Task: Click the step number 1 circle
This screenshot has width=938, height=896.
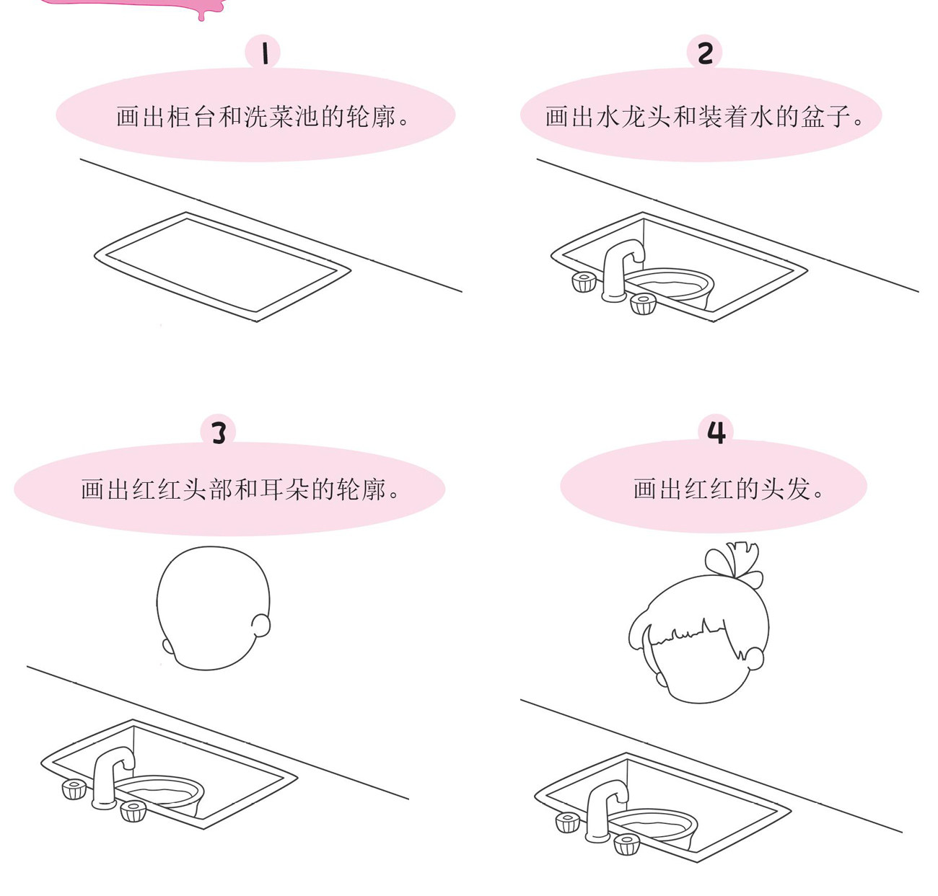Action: pos(263,52)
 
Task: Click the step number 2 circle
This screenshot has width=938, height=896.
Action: pos(704,52)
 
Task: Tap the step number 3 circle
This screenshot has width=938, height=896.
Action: pos(218,431)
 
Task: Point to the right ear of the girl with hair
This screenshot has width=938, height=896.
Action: pos(754,658)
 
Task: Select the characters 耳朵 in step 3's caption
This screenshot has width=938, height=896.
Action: pos(284,489)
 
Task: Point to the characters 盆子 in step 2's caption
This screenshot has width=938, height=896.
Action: pos(825,117)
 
